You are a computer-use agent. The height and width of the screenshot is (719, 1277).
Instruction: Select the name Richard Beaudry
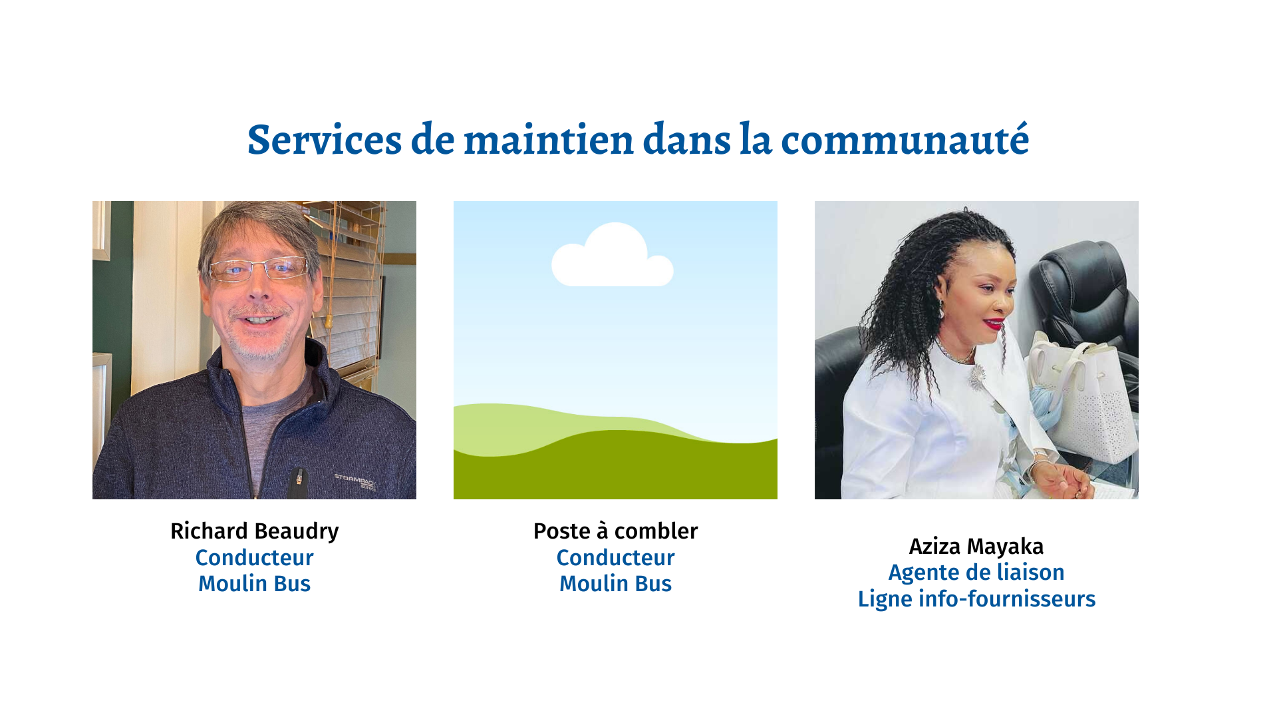coord(255,531)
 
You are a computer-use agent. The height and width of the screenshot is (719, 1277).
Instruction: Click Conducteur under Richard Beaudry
coord(255,558)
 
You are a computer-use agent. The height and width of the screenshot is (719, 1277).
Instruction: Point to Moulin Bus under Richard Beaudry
coord(255,584)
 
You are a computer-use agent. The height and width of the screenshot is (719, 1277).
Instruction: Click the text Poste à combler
coord(616,531)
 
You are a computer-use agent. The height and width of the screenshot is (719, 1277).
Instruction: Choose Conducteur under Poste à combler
coord(616,558)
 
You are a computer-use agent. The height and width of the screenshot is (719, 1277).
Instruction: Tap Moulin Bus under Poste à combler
coord(616,584)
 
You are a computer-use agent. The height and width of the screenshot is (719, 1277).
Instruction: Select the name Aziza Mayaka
coord(976,547)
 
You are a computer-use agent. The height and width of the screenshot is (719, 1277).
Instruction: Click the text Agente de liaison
coord(976,573)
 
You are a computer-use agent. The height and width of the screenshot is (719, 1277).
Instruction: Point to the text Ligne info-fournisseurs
coord(976,599)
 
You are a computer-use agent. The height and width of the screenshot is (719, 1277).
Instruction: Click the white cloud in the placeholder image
coord(613,256)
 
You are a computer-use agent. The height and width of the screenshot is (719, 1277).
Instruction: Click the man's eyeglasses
coord(258,269)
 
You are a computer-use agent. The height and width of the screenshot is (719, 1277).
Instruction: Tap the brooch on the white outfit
coord(977,378)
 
